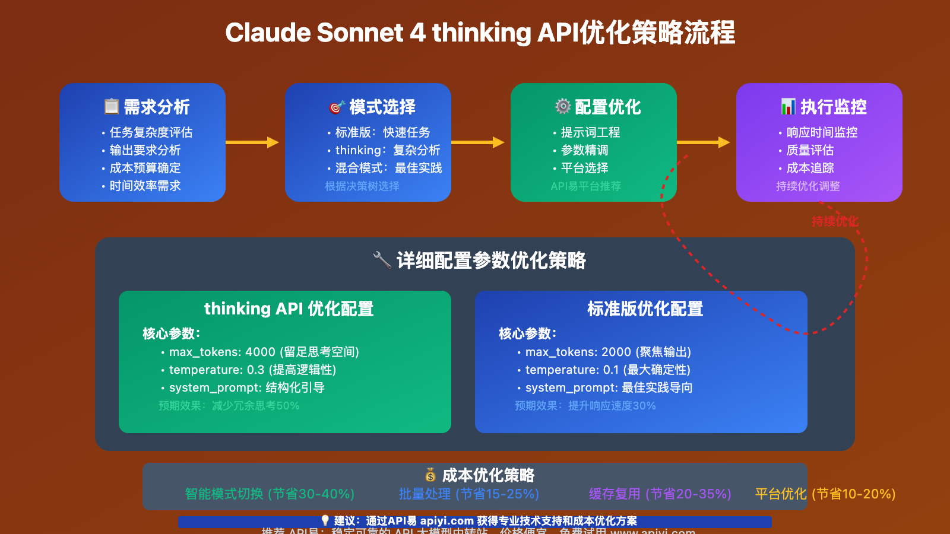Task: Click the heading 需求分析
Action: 156,107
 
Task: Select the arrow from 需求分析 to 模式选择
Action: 252,142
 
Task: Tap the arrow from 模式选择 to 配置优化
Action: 477,142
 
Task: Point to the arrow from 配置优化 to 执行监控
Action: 703,142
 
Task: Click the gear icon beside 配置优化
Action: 562,107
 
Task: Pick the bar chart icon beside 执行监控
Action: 788,107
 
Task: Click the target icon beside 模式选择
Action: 337,107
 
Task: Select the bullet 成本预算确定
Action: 145,168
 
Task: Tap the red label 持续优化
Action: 835,221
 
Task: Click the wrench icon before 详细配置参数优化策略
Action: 382,260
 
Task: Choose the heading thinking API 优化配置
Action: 289,309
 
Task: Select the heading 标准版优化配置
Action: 645,309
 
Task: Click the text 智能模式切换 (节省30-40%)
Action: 270,494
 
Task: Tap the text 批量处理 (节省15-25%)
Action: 469,494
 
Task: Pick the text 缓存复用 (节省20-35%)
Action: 660,494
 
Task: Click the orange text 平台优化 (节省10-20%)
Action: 825,494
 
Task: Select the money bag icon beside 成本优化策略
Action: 430,475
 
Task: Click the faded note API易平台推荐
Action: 585,186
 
